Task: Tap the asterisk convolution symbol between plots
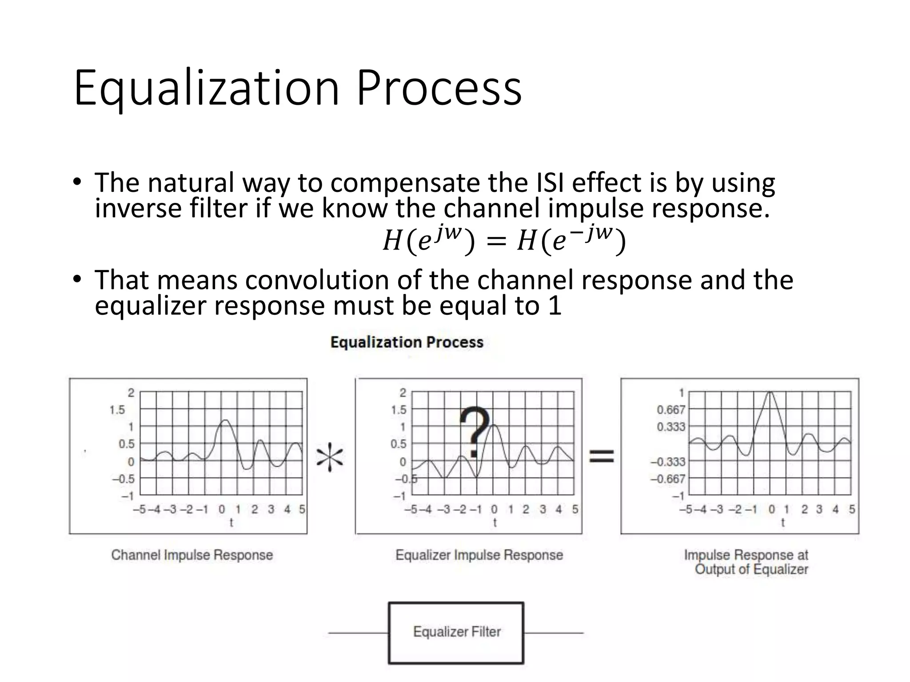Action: click(330, 457)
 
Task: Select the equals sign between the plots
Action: click(602, 456)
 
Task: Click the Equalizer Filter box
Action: click(456, 632)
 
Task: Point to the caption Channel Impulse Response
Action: click(192, 555)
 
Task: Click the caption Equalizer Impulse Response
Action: click(479, 555)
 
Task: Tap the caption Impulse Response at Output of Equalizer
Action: click(746, 562)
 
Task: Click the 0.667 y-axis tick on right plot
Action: click(671, 409)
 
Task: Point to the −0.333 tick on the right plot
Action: click(668, 462)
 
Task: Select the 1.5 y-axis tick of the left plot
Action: click(117, 409)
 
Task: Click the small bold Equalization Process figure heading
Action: click(407, 342)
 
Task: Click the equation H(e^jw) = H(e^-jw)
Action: click(504, 242)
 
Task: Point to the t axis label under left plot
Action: click(231, 523)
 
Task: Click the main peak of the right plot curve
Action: click(770, 393)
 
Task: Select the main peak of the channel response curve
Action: click(226, 420)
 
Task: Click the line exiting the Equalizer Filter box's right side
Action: click(554, 633)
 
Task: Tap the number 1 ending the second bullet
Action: click(555, 306)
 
